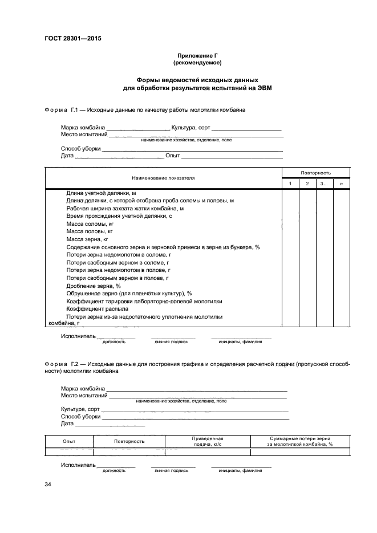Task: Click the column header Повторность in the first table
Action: click(x=315, y=172)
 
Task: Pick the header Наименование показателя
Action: click(x=163, y=178)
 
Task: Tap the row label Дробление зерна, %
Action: click(x=94, y=285)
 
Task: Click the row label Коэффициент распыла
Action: click(x=97, y=308)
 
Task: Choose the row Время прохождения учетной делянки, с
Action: click(x=119, y=217)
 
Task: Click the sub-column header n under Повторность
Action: click(x=341, y=184)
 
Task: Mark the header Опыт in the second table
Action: click(x=68, y=441)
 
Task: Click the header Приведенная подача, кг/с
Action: click(x=208, y=441)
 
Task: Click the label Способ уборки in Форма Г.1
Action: click(x=81, y=148)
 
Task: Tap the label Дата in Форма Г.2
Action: click(x=67, y=424)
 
